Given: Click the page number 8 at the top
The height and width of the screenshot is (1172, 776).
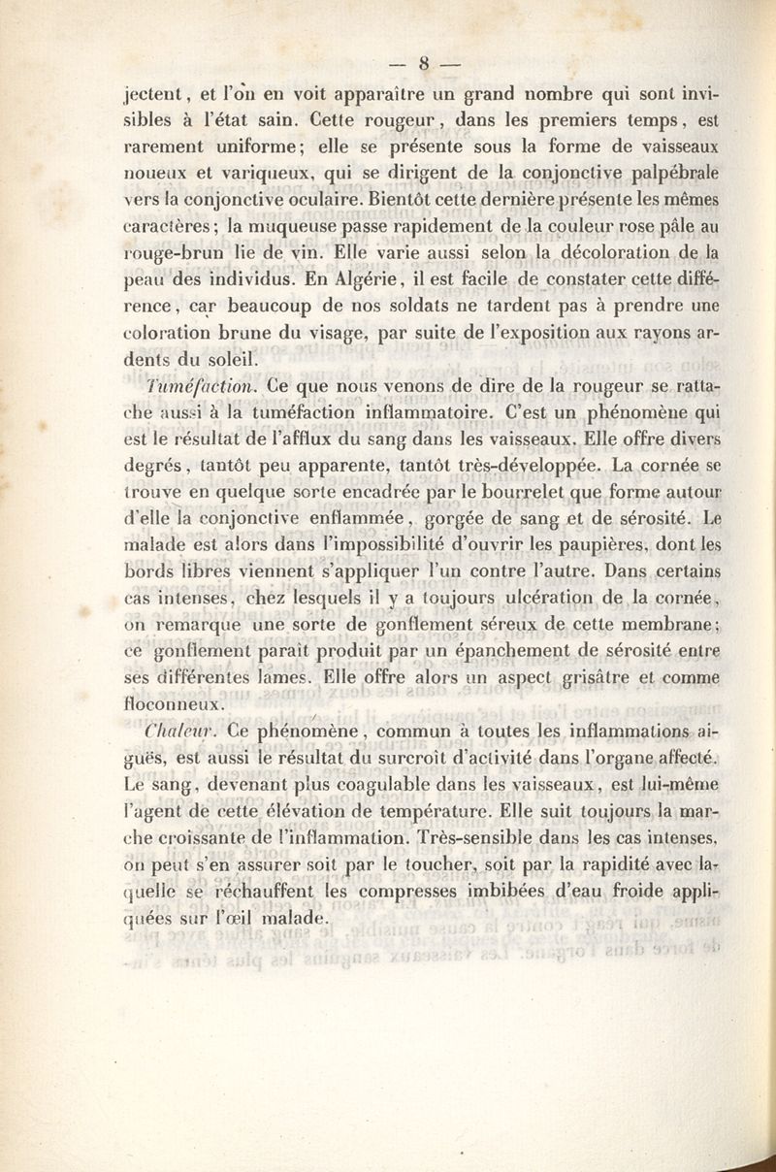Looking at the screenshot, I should tap(423, 66).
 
